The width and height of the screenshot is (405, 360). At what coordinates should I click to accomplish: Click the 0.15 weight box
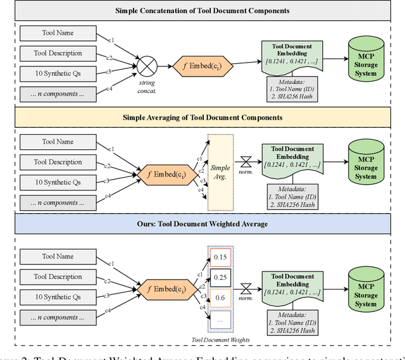pos(221,258)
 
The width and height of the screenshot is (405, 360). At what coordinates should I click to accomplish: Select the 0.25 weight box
pos(221,277)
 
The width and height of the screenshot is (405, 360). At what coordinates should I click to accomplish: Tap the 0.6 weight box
pos(221,297)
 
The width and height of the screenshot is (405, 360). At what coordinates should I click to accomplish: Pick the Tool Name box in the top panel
pos(58,33)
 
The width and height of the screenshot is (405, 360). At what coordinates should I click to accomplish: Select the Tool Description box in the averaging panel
pos(58,162)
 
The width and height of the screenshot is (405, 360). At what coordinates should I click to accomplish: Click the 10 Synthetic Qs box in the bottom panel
pos(58,297)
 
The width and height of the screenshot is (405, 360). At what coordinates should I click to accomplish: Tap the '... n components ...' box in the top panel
pos(58,94)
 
